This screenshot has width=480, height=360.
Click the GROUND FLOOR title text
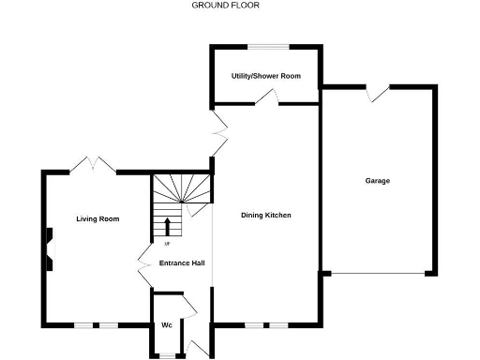pos(226,6)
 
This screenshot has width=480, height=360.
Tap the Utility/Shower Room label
pos(266,75)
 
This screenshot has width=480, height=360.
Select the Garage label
pos(378,181)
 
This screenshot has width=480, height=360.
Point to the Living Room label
pos(97,219)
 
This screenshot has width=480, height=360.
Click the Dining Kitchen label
pos(266,216)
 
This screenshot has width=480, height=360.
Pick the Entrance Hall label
pos(182,263)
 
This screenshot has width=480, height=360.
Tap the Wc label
pos(166,325)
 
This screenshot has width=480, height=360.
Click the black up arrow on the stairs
pos(169,227)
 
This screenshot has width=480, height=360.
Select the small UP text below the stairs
pos(167,245)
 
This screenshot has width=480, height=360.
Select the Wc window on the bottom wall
pos(166,355)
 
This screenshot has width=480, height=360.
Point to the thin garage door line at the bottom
pos(378,274)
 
